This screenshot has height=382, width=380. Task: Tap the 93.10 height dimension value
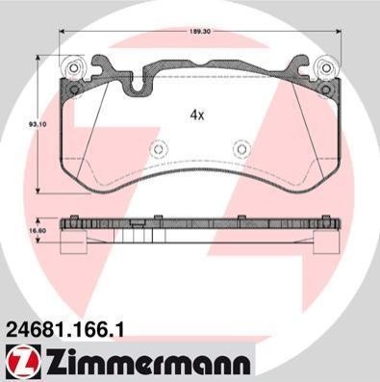click(x=32, y=124)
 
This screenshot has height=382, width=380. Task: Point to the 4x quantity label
click(x=197, y=115)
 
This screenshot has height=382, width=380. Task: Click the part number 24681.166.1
click(x=64, y=330)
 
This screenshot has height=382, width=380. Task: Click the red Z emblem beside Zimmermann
click(x=23, y=363)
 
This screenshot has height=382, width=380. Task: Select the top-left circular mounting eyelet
click(x=73, y=68)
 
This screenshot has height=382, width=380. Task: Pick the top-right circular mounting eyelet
click(x=326, y=68)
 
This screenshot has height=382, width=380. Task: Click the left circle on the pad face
click(x=159, y=149)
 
